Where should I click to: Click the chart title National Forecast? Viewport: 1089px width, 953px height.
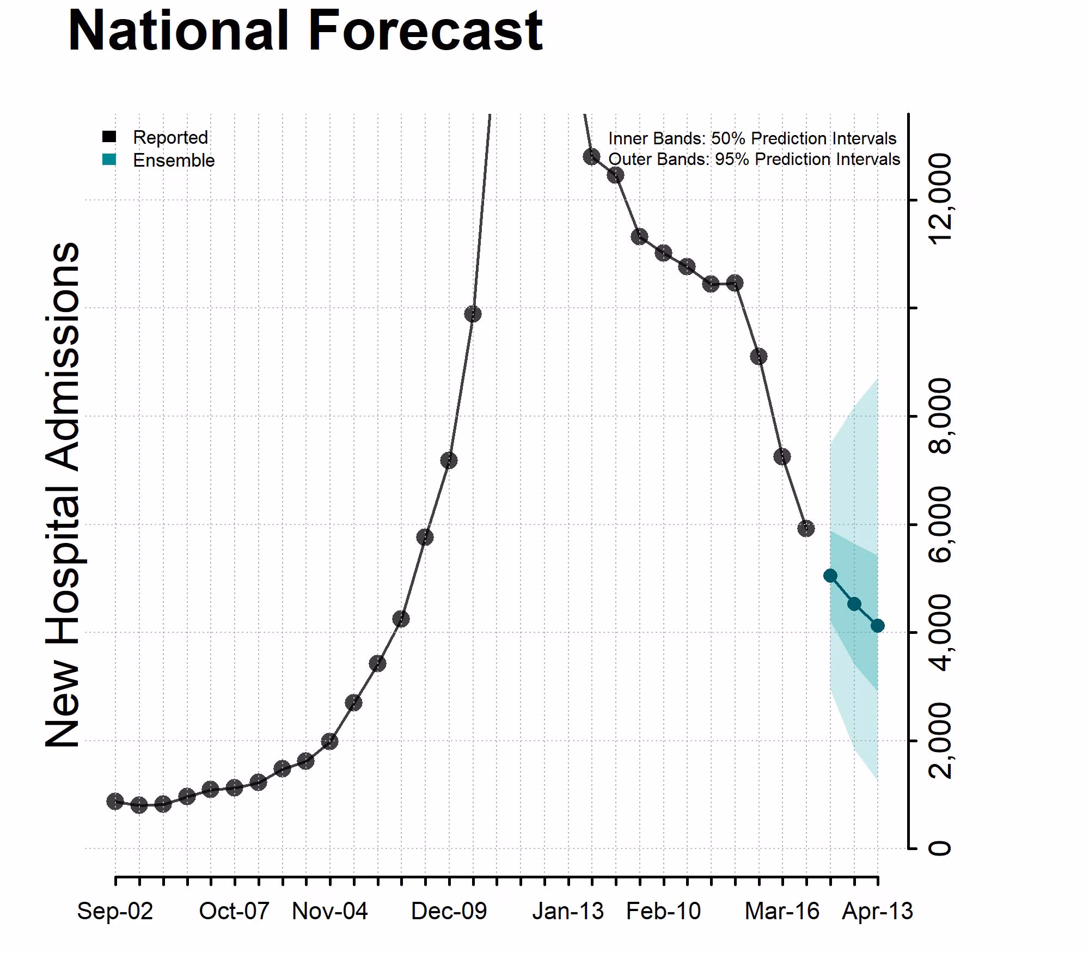point(305,32)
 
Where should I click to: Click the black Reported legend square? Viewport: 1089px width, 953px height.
point(109,137)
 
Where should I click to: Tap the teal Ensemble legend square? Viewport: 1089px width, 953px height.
point(109,160)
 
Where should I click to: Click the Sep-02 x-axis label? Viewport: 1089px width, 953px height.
point(115,911)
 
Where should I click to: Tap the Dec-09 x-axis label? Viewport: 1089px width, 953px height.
point(449,911)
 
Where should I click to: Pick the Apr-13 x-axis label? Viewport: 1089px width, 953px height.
point(877,911)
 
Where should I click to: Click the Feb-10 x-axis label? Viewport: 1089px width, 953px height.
point(663,911)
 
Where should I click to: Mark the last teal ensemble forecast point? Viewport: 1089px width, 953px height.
point(877,626)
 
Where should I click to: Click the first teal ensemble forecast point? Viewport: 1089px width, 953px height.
point(830,576)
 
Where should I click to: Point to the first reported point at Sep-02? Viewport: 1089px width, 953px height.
point(115,801)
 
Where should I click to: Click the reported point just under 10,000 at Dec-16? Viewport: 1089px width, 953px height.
point(473,314)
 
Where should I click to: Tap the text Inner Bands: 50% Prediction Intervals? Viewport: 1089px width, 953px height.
point(752,138)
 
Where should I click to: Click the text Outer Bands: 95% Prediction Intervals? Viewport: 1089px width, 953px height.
point(754,159)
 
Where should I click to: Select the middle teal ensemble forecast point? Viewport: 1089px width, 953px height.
point(854,604)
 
